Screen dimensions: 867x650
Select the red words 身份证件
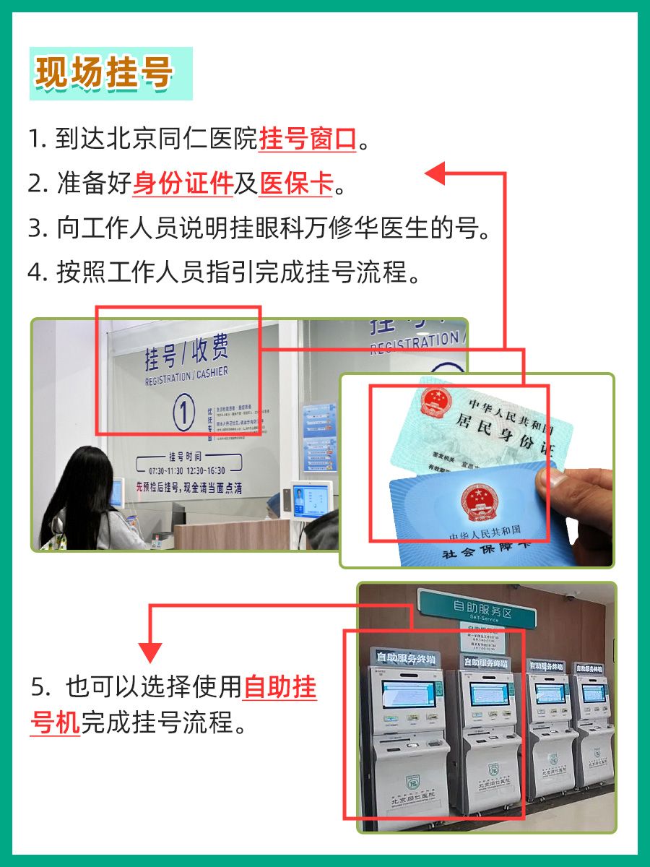183,184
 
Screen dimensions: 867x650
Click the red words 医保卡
296,184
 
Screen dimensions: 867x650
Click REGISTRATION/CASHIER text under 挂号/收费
186,376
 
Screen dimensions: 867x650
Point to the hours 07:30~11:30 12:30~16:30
186,471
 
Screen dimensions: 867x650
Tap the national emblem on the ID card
435,402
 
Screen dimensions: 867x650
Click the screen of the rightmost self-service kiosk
594,693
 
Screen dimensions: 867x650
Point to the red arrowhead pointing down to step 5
150,652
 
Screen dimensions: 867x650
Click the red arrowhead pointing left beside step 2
435,173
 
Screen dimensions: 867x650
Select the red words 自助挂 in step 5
280,687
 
